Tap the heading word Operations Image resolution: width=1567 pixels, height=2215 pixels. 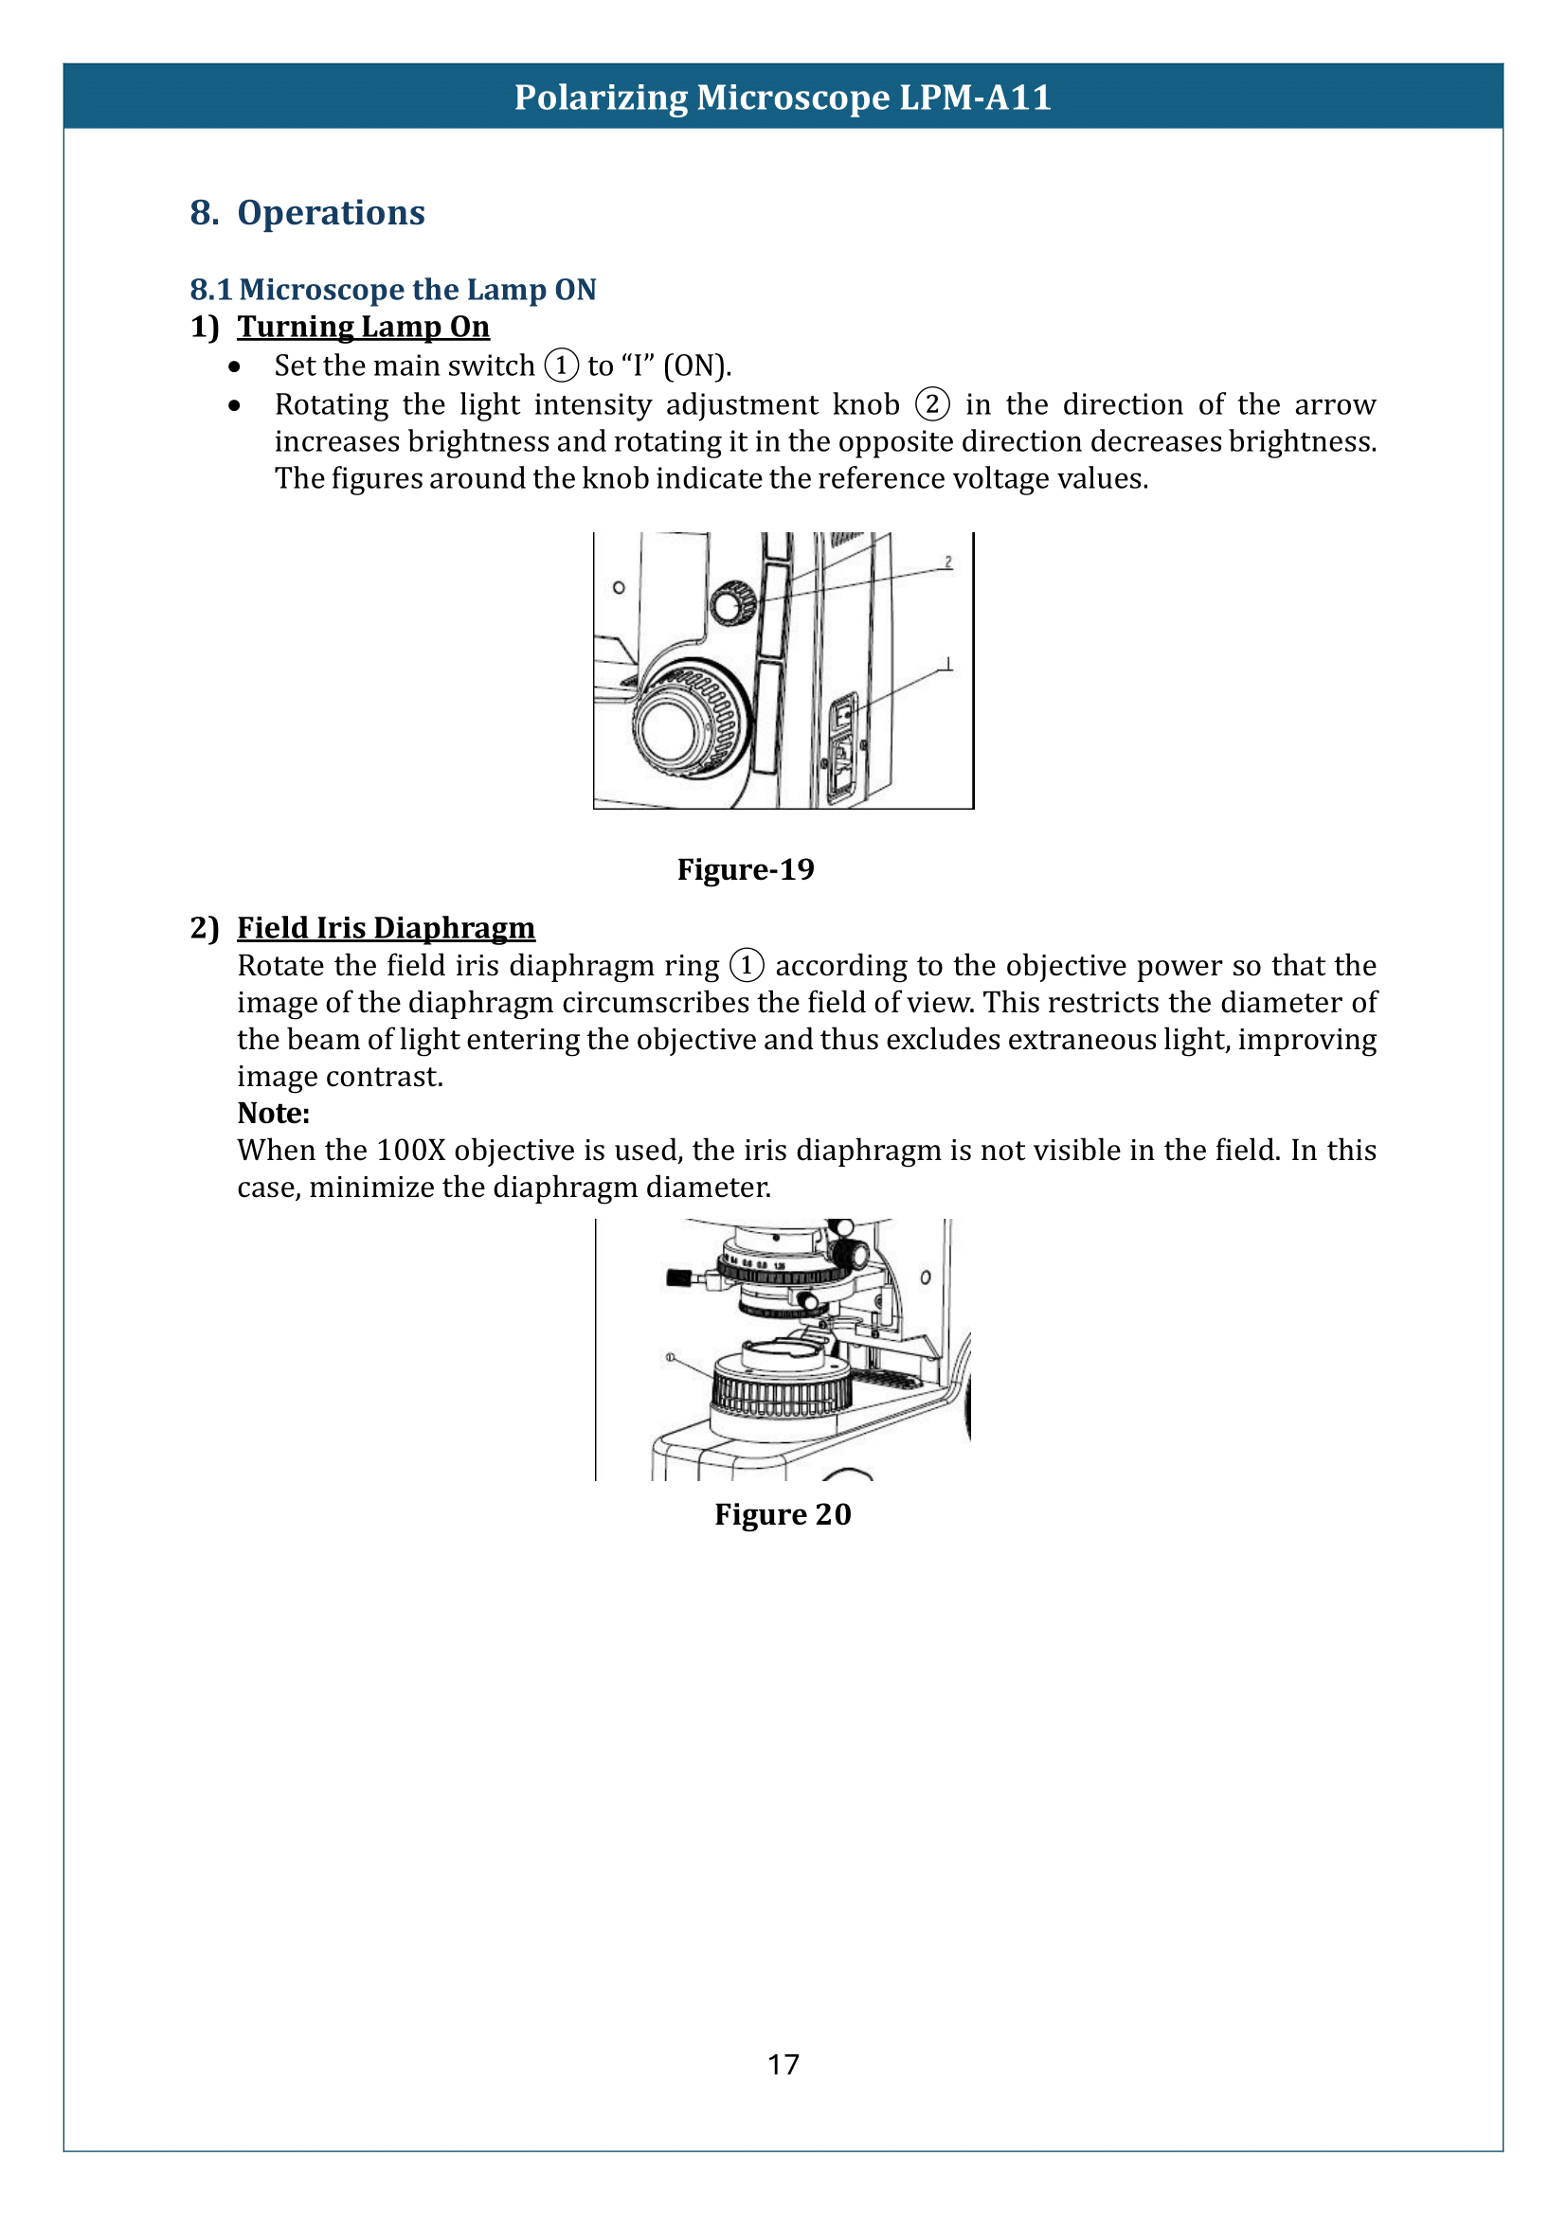tap(331, 212)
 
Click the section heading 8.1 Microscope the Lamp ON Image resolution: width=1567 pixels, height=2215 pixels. tap(393, 290)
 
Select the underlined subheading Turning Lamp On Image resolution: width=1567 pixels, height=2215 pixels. tap(363, 327)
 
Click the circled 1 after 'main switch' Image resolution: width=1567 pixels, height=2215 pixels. tap(562, 366)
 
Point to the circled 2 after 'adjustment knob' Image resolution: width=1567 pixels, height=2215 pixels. tap(932, 403)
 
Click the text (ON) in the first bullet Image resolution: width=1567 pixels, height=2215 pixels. tap(696, 366)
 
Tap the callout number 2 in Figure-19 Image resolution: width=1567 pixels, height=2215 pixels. tap(948, 562)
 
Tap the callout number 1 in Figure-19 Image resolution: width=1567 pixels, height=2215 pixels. tap(948, 663)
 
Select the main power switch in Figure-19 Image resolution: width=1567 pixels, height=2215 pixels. tap(844, 715)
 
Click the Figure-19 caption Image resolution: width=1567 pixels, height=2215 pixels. tap(745, 869)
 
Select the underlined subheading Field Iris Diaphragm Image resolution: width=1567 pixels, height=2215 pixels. tap(386, 928)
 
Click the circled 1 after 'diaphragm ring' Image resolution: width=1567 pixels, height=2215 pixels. tap(746, 965)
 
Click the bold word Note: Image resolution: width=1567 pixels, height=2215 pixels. tap(273, 1114)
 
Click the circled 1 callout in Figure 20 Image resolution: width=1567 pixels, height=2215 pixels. tap(670, 1358)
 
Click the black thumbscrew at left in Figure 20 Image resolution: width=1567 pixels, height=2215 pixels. tap(677, 1277)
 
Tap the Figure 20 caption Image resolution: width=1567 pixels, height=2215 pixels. tap(783, 1514)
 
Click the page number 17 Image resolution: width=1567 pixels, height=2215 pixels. tap(783, 2064)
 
